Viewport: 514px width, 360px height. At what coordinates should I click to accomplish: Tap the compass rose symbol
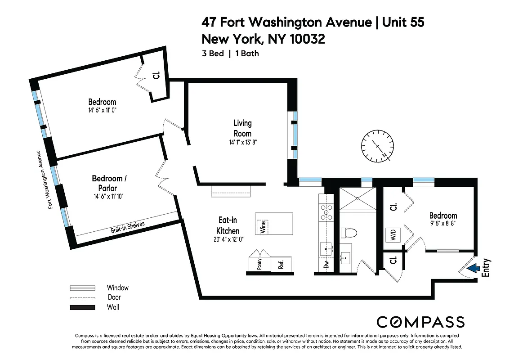coord(377,146)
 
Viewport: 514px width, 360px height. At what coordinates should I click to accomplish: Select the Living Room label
coord(242,128)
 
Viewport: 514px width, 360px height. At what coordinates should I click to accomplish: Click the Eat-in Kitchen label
coord(228,225)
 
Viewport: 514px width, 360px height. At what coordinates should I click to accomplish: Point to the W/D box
coord(393,235)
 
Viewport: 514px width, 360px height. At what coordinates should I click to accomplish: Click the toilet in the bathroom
coord(349,233)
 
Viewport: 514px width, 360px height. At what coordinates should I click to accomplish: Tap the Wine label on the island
coord(262,226)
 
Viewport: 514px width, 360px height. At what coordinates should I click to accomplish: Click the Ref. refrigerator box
coord(282,264)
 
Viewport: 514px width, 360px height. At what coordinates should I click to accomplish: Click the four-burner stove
coord(326,212)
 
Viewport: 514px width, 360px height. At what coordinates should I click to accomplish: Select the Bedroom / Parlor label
coord(109,183)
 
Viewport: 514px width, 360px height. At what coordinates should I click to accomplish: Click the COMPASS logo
coord(420,322)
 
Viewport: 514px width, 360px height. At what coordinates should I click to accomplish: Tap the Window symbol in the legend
coord(82,288)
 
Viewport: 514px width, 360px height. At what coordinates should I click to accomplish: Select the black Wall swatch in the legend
coord(82,307)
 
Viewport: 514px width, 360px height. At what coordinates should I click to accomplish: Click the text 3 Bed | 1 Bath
coord(230,54)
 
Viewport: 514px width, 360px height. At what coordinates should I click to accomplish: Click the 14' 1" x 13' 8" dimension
coord(242,142)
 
